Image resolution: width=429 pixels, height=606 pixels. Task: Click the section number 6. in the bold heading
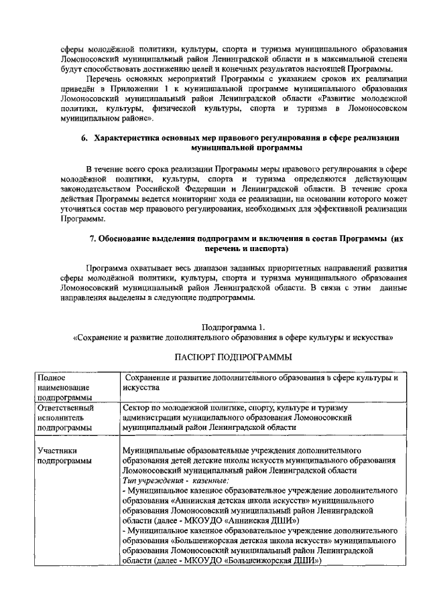tap(84, 137)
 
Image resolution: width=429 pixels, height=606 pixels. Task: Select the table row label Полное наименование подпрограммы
tap(65, 387)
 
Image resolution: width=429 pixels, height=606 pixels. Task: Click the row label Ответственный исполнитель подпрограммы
tap(65, 416)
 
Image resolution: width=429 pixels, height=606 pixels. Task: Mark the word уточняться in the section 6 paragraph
tap(82, 210)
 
